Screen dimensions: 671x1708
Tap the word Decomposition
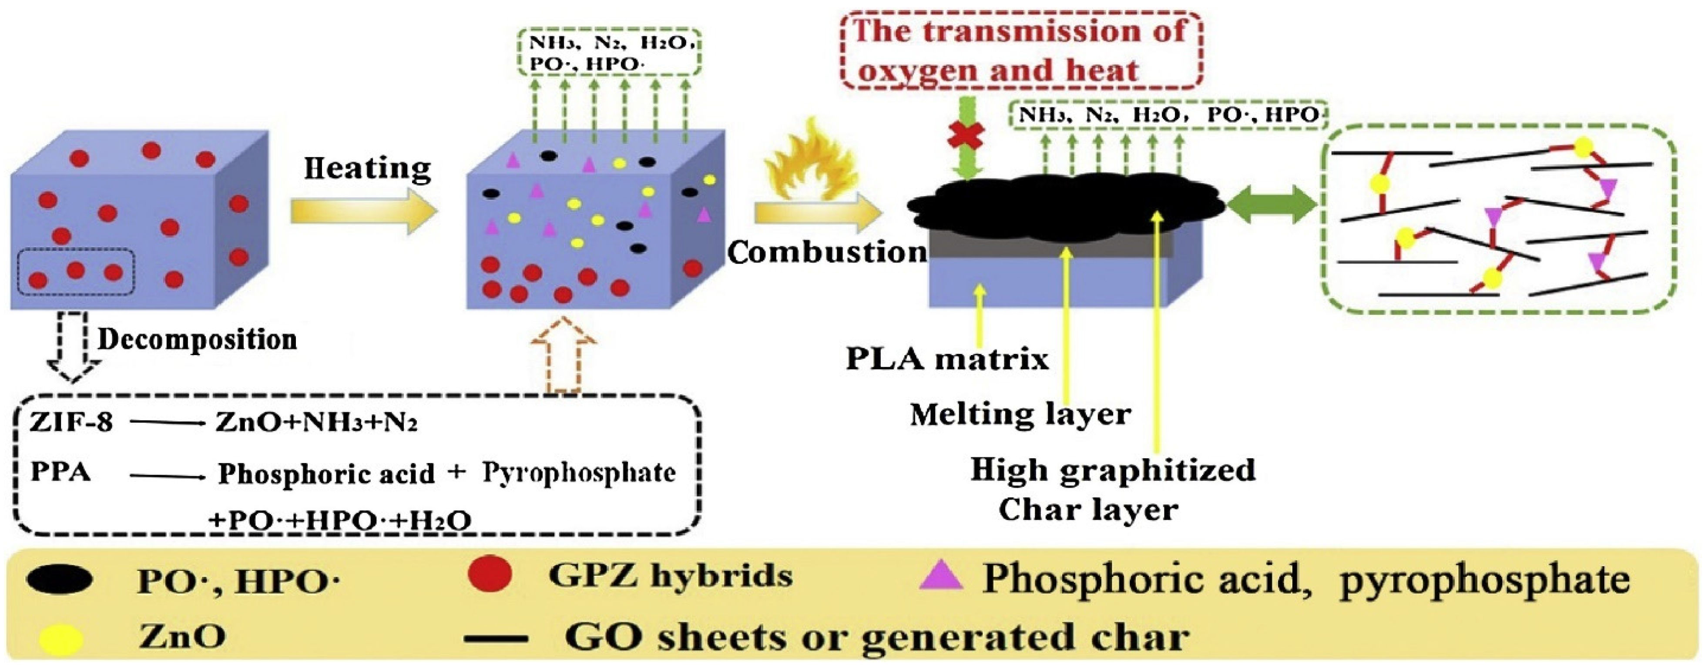pos(198,339)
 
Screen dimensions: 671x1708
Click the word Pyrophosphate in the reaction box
pos(579,473)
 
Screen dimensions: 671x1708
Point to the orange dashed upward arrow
pos(564,355)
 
